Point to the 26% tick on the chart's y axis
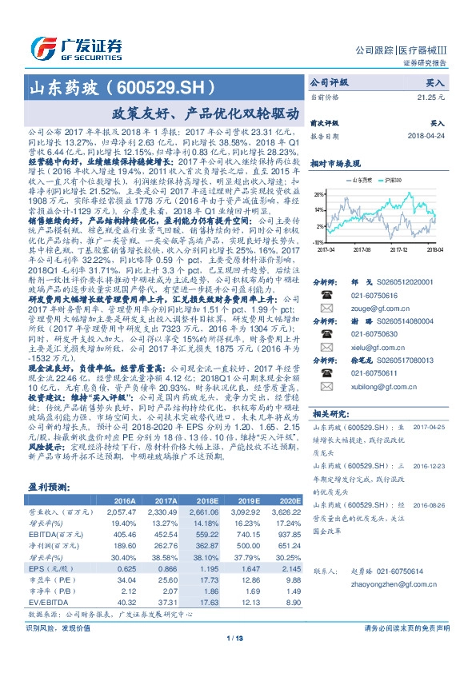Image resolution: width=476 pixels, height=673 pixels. [318, 194]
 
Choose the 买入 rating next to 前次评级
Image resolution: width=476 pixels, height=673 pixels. [438, 125]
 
